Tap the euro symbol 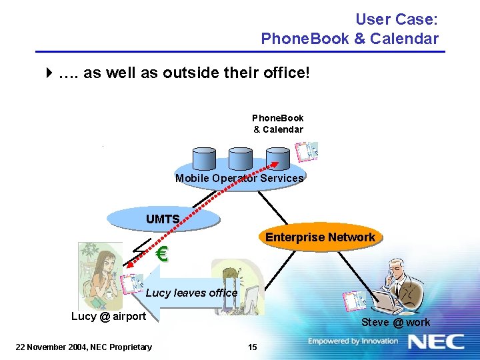coord(161,254)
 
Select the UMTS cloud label coord(163,219)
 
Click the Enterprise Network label coord(320,237)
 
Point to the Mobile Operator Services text coord(239,178)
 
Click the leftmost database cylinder coord(203,158)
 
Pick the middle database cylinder coord(240,158)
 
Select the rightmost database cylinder coord(277,158)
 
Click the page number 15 coord(252,346)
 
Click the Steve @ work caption coord(396,323)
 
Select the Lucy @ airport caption coord(109,316)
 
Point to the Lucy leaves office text coord(191,293)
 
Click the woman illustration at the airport coord(98,273)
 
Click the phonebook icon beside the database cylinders coord(308,151)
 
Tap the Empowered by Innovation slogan coord(353,341)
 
